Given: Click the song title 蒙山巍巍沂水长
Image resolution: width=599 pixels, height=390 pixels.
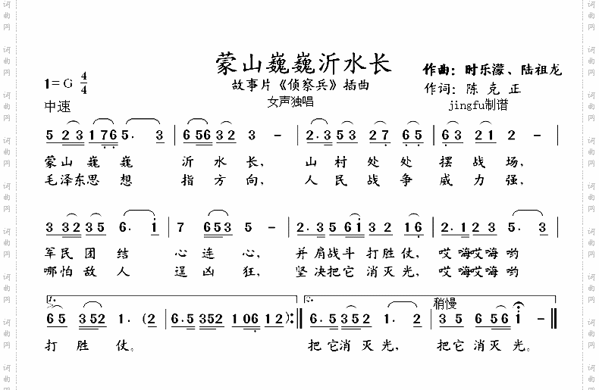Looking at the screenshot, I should point(303,63).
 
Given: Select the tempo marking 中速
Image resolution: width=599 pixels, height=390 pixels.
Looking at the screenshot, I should point(57,106).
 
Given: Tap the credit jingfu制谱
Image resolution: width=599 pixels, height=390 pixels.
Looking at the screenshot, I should point(478,105).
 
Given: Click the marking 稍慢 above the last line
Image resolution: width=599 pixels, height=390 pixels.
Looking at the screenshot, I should point(446,303).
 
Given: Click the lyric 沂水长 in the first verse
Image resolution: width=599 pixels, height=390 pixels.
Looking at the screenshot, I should point(221,162).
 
